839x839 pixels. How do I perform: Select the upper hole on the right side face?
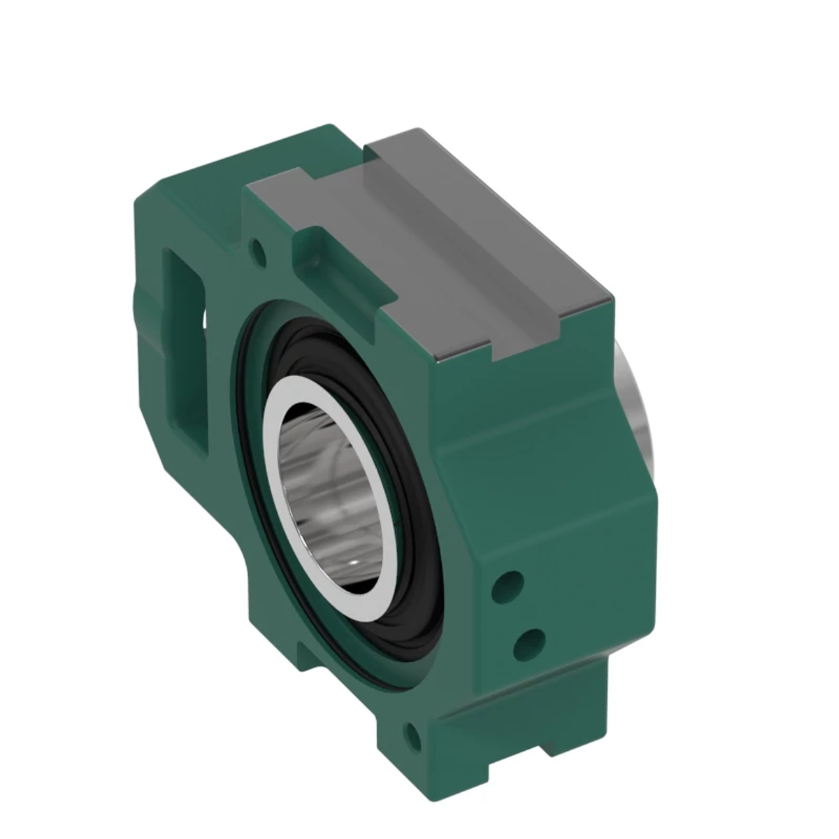(x=508, y=582)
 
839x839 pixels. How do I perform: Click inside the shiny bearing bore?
(x=329, y=482)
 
